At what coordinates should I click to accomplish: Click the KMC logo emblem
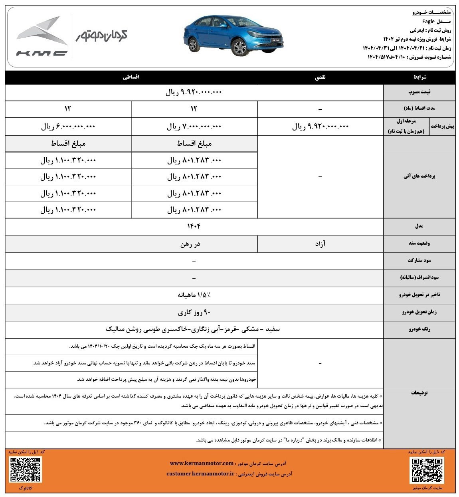click(42, 36)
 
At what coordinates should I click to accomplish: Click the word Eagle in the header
click(429, 21)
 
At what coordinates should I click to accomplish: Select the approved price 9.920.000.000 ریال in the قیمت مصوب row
click(194, 92)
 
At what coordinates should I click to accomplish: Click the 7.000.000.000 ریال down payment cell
click(194, 127)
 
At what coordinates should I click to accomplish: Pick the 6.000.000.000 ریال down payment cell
click(68, 127)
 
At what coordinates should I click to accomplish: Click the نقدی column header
click(321, 77)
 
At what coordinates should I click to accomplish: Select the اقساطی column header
click(131, 77)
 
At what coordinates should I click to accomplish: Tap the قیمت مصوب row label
click(419, 92)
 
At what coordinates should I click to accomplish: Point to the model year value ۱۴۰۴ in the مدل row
click(194, 226)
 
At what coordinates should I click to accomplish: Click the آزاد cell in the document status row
click(320, 244)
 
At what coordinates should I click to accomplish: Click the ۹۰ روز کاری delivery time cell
click(194, 313)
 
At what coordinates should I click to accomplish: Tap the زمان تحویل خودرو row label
click(419, 313)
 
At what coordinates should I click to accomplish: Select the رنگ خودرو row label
click(419, 330)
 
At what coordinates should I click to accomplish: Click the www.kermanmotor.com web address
click(202, 463)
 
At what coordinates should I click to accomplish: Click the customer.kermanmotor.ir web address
click(200, 474)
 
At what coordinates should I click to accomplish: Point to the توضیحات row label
click(419, 393)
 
